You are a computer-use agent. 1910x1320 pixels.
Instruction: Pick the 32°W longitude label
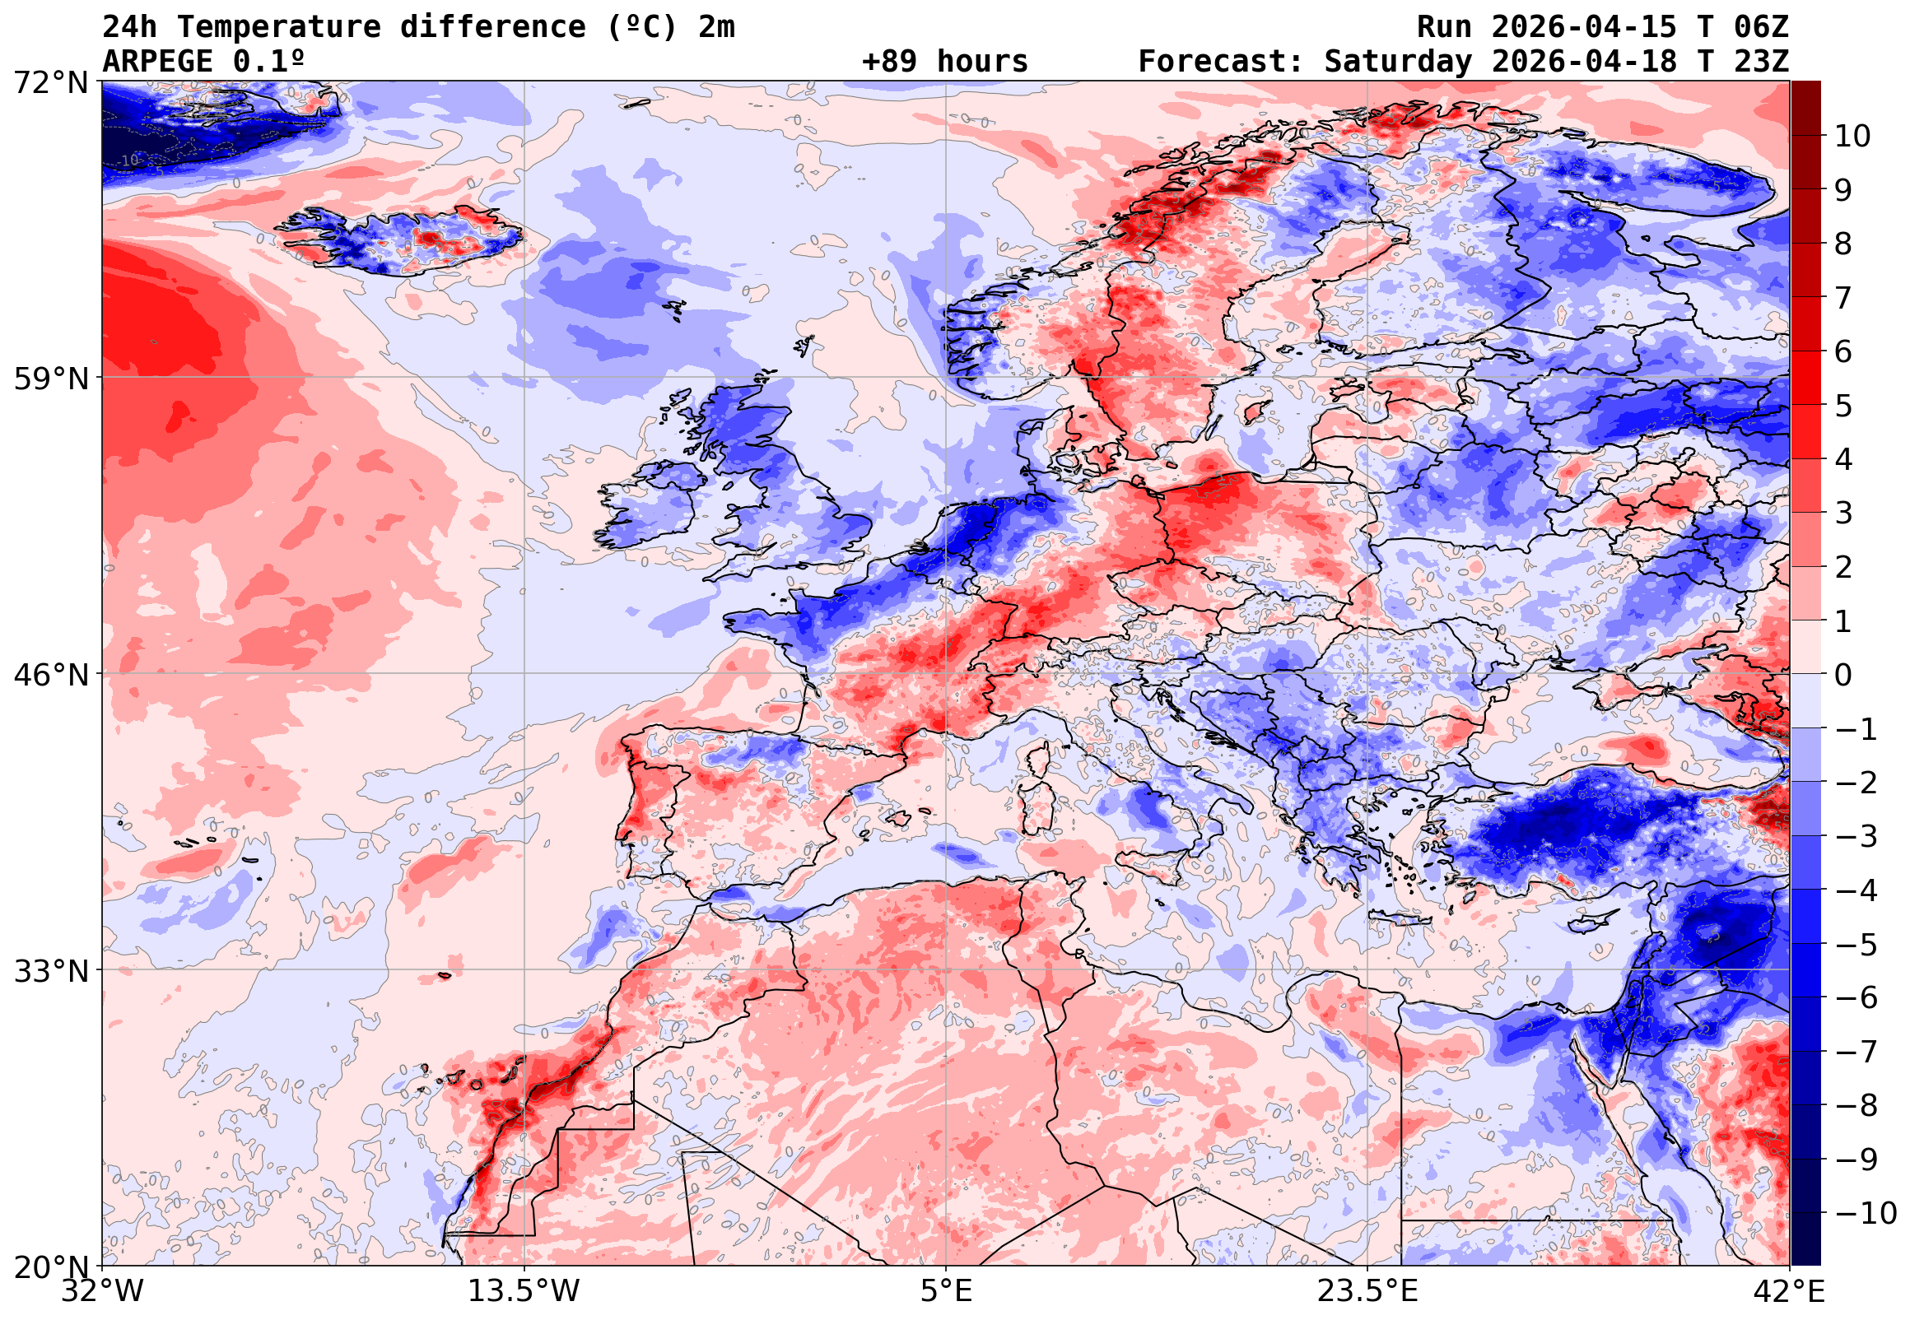pyautogui.click(x=103, y=1292)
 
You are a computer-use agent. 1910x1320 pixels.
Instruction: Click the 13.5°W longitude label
pyautogui.click(x=524, y=1292)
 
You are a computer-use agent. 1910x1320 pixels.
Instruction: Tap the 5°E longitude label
pyautogui.click(x=946, y=1292)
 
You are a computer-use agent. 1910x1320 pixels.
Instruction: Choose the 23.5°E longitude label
pyautogui.click(x=1367, y=1292)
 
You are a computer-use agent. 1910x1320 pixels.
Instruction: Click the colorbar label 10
pyautogui.click(x=1853, y=137)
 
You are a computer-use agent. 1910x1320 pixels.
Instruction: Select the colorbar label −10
pyautogui.click(x=1866, y=1214)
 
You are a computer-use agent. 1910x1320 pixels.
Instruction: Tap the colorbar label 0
pyautogui.click(x=1843, y=676)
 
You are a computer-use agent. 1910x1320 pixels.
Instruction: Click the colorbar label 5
pyautogui.click(x=1843, y=406)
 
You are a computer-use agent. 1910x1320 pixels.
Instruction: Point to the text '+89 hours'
pyautogui.click(x=944, y=61)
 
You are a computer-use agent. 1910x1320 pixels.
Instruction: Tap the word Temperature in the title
pyautogui.click(x=279, y=27)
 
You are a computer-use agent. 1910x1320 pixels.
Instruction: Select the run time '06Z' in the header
pyautogui.click(x=1761, y=27)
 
